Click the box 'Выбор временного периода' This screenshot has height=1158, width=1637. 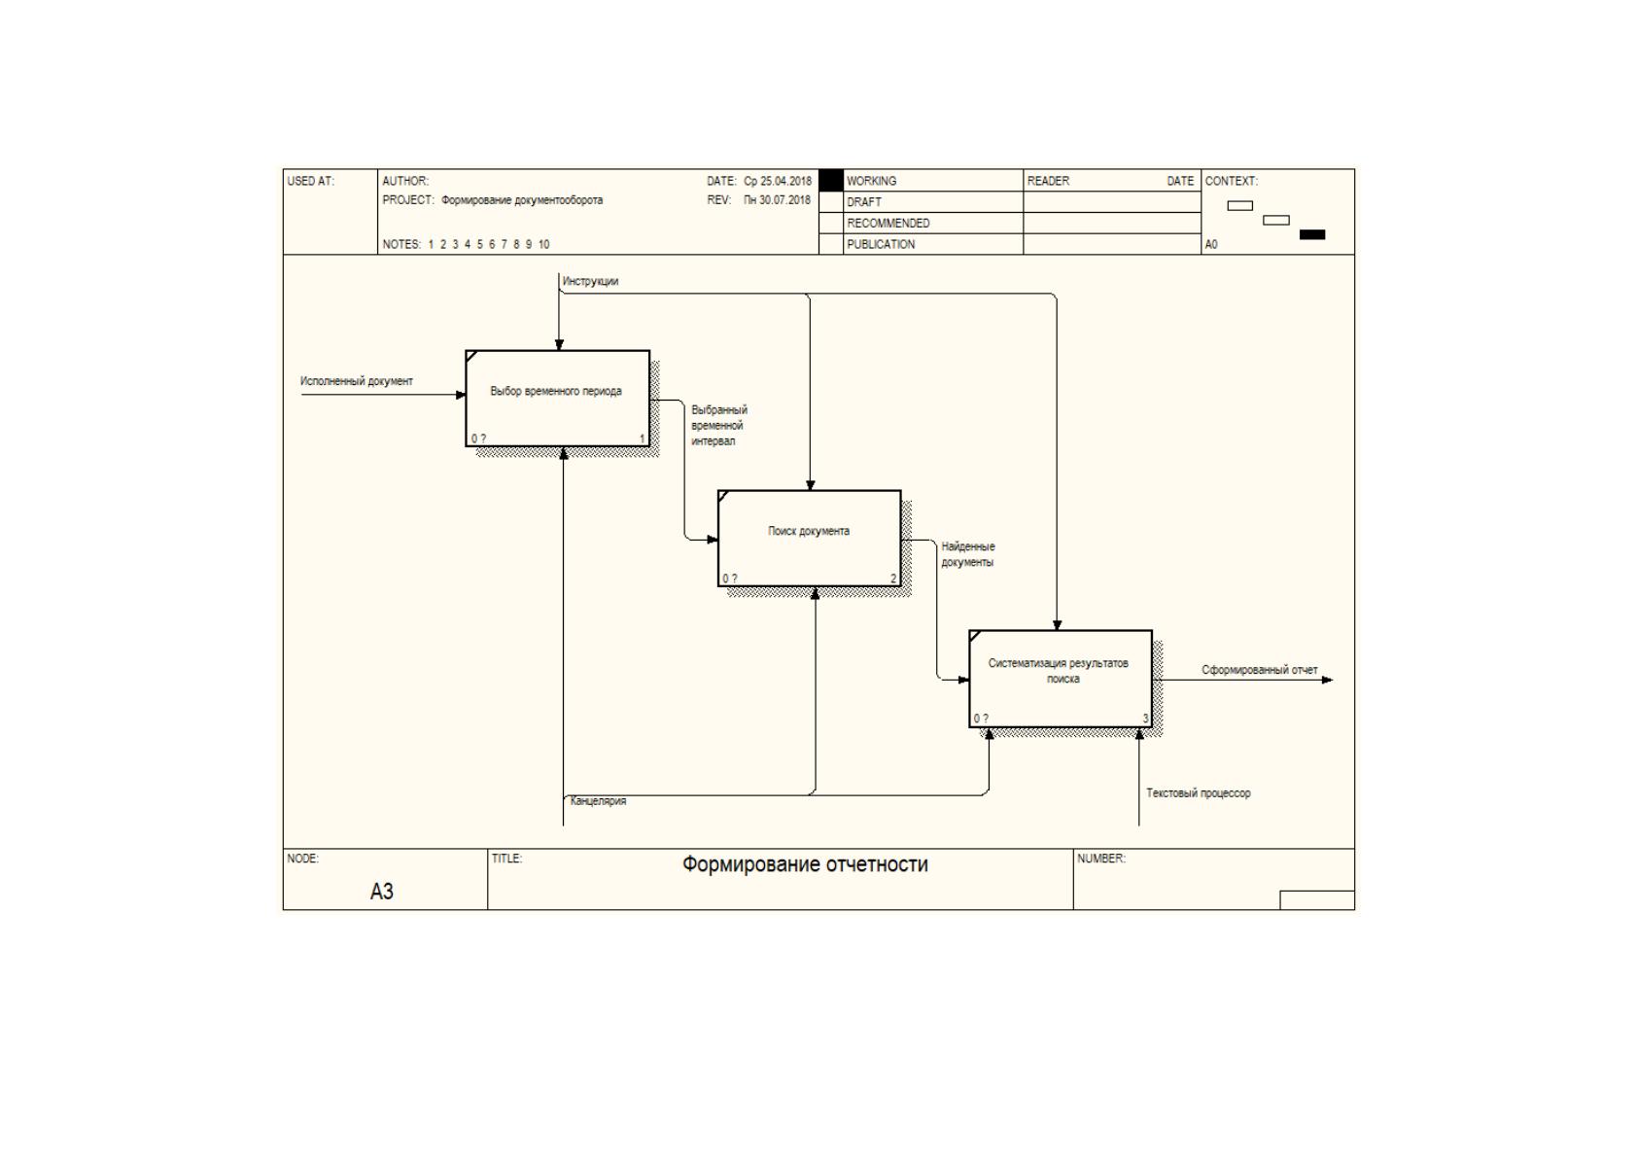(x=558, y=399)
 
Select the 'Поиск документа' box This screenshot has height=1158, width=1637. (x=810, y=538)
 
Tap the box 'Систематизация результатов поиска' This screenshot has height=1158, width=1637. (x=1061, y=679)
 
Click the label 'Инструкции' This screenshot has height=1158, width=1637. (x=590, y=281)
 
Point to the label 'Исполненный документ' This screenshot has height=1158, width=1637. (x=357, y=381)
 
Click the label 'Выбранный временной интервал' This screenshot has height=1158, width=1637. (x=719, y=426)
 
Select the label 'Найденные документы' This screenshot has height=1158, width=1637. (x=967, y=554)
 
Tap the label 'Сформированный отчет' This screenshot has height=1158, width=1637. (x=1259, y=670)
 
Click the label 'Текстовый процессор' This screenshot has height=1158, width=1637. (x=1198, y=793)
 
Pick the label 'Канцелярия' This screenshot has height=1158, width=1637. (x=598, y=801)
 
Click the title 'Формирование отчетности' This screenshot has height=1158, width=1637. (x=805, y=864)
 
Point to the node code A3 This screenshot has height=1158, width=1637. (x=381, y=892)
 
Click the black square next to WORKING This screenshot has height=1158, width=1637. (x=831, y=181)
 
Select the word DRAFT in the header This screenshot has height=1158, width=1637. (x=864, y=202)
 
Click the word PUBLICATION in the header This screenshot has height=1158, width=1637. (x=881, y=244)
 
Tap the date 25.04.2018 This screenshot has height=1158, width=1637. (x=785, y=181)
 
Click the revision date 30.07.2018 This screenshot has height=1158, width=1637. (x=785, y=199)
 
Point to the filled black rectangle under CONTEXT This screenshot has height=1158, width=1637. (x=1311, y=234)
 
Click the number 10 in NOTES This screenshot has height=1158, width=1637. (x=543, y=244)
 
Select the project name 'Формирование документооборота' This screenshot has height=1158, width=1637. (x=522, y=200)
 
